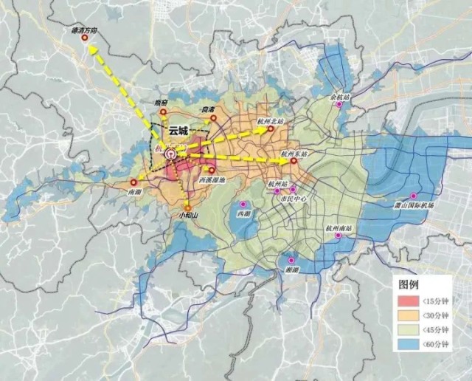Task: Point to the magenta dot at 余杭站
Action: point(339,105)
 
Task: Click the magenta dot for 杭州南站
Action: point(339,236)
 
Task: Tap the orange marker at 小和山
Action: point(188,206)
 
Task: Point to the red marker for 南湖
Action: point(133,182)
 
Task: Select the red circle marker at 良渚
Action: point(213,118)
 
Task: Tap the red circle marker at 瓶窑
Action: point(165,114)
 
